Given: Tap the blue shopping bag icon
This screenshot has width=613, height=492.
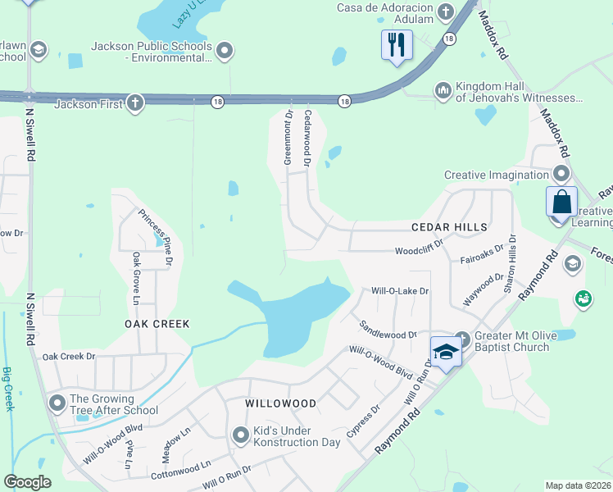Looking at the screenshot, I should click(562, 202).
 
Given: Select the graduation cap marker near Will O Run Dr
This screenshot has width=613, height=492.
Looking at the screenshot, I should click(446, 352).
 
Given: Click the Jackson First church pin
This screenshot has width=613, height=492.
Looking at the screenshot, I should click(135, 103).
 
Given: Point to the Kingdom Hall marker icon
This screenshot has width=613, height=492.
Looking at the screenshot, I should click(443, 89).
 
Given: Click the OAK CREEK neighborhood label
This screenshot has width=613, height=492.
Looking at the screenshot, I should click(157, 324).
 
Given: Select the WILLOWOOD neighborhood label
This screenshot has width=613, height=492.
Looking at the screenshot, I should click(281, 404).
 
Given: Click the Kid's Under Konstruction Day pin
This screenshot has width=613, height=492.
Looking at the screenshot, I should click(240, 435).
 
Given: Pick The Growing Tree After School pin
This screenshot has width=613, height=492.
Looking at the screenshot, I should click(57, 403).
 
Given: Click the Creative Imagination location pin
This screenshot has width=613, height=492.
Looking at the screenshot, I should click(561, 174).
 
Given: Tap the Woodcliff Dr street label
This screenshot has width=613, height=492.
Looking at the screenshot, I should click(418, 248).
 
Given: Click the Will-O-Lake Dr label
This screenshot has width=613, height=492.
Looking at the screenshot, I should click(400, 291).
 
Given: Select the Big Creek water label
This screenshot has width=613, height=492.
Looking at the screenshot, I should click(8, 389).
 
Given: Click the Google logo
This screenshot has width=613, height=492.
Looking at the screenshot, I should click(27, 482).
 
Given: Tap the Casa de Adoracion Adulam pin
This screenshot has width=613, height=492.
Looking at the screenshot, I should click(446, 11).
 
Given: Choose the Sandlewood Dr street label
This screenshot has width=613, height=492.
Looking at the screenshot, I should click(388, 330).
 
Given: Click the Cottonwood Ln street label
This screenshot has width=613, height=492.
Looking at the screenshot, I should click(180, 471).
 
